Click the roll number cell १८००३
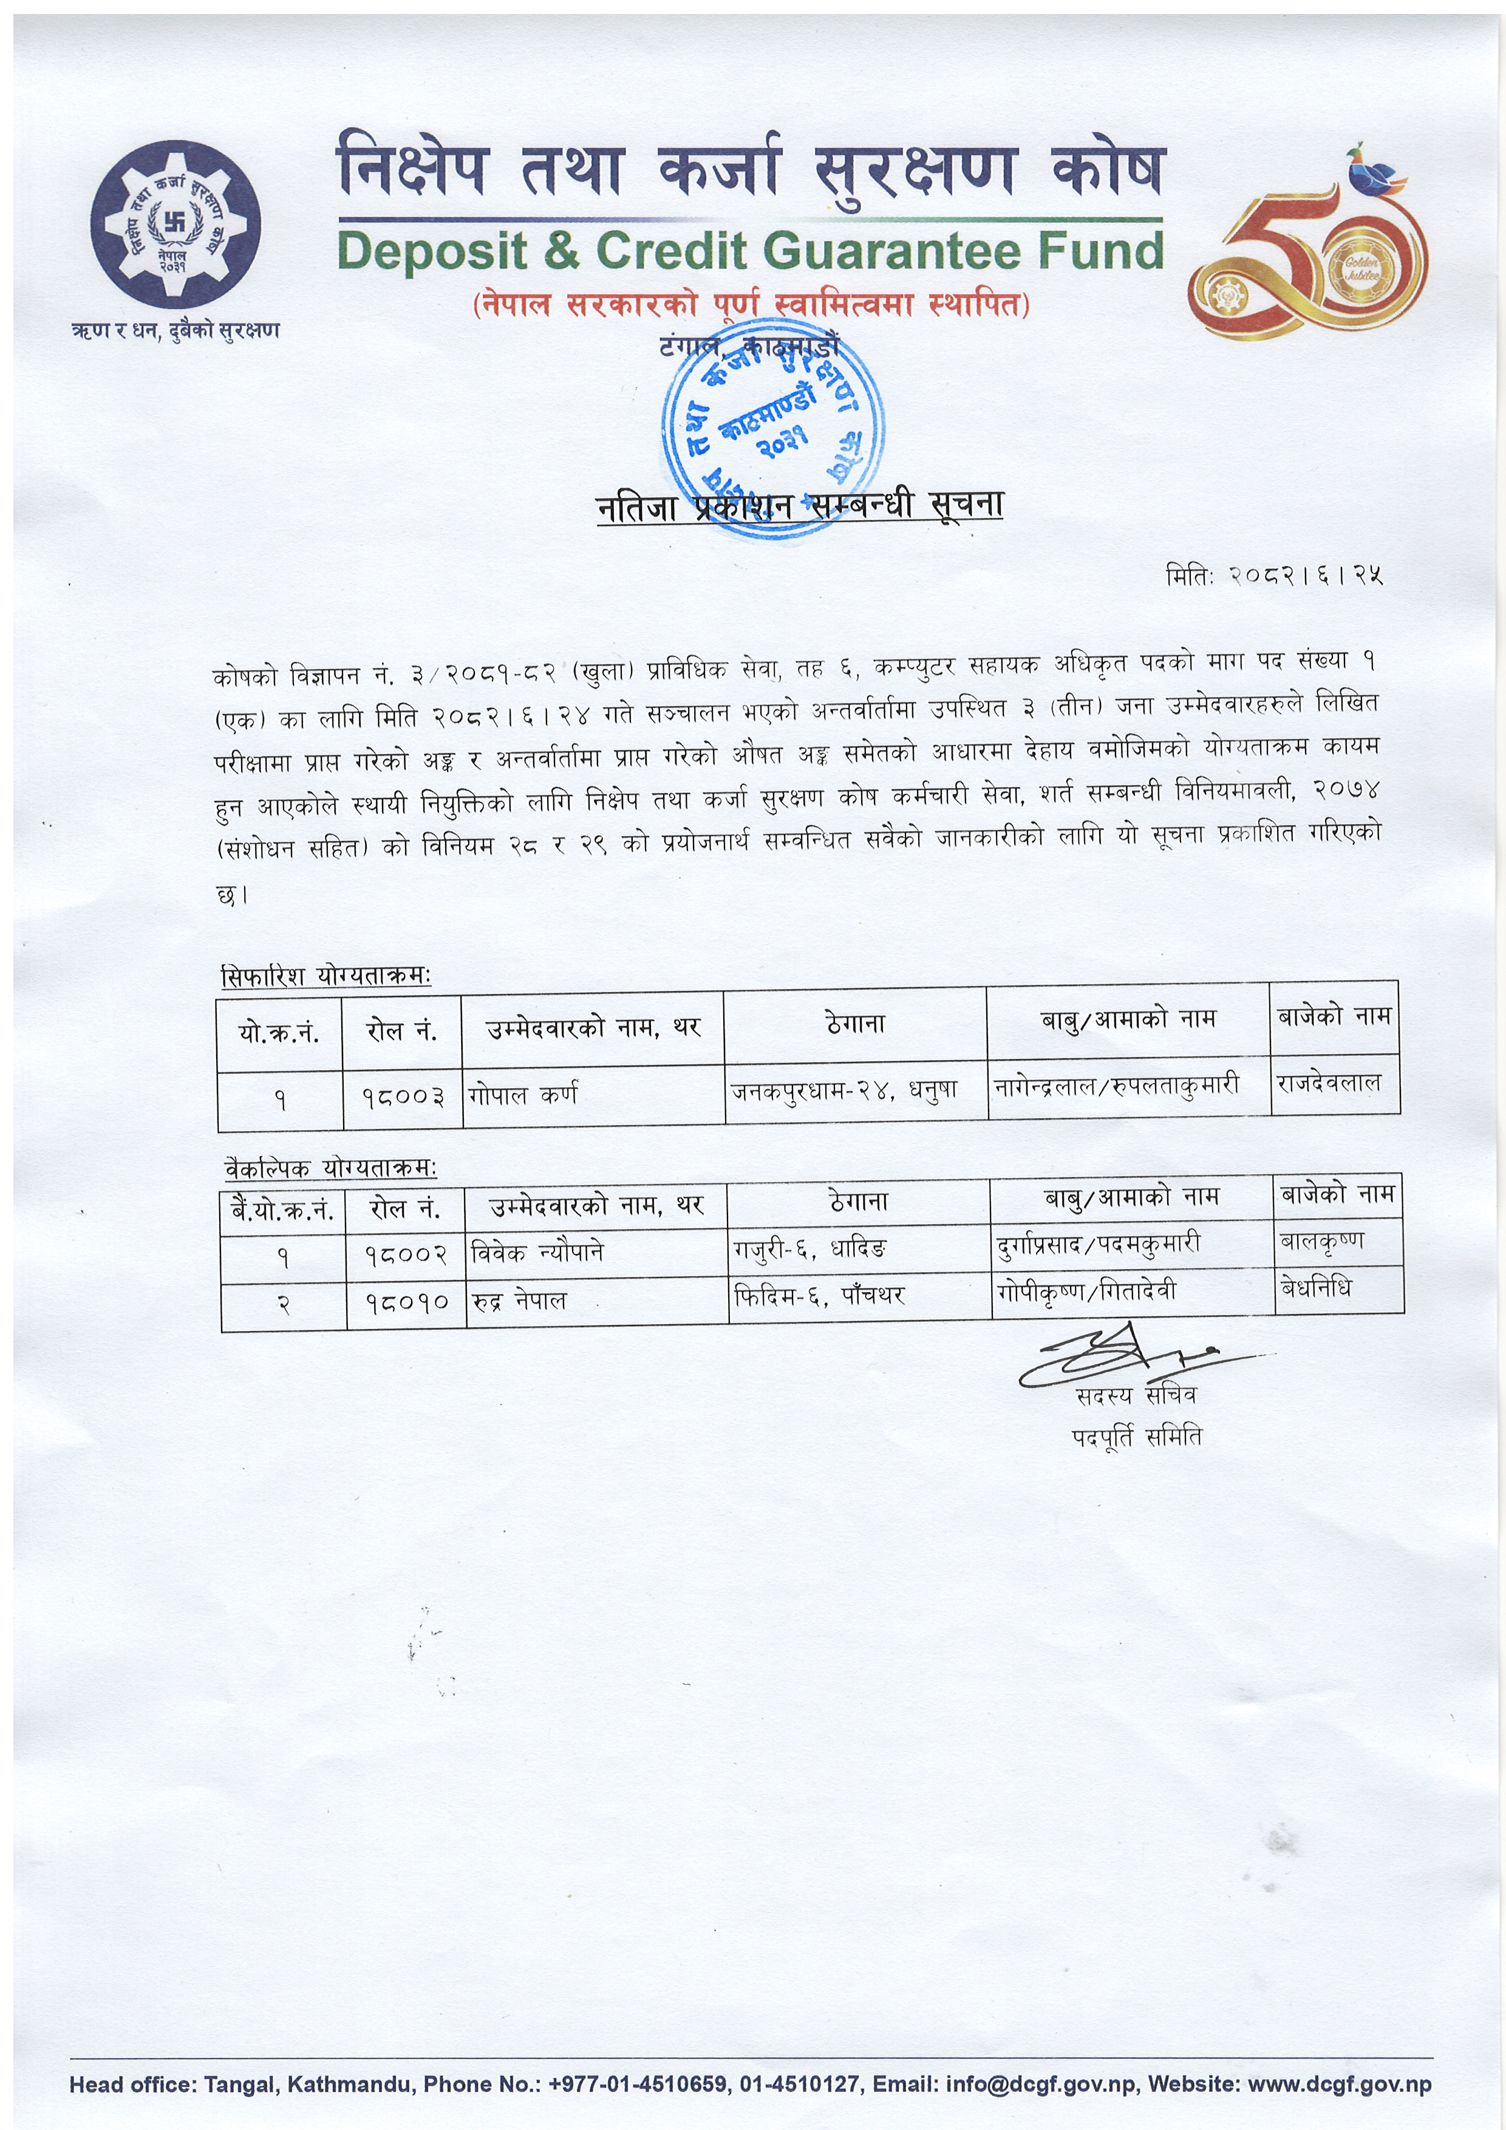(403, 1097)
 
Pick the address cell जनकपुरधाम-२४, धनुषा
(845, 1091)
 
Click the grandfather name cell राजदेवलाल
(1329, 1084)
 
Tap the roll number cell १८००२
(406, 1255)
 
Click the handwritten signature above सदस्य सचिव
(1132, 1361)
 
